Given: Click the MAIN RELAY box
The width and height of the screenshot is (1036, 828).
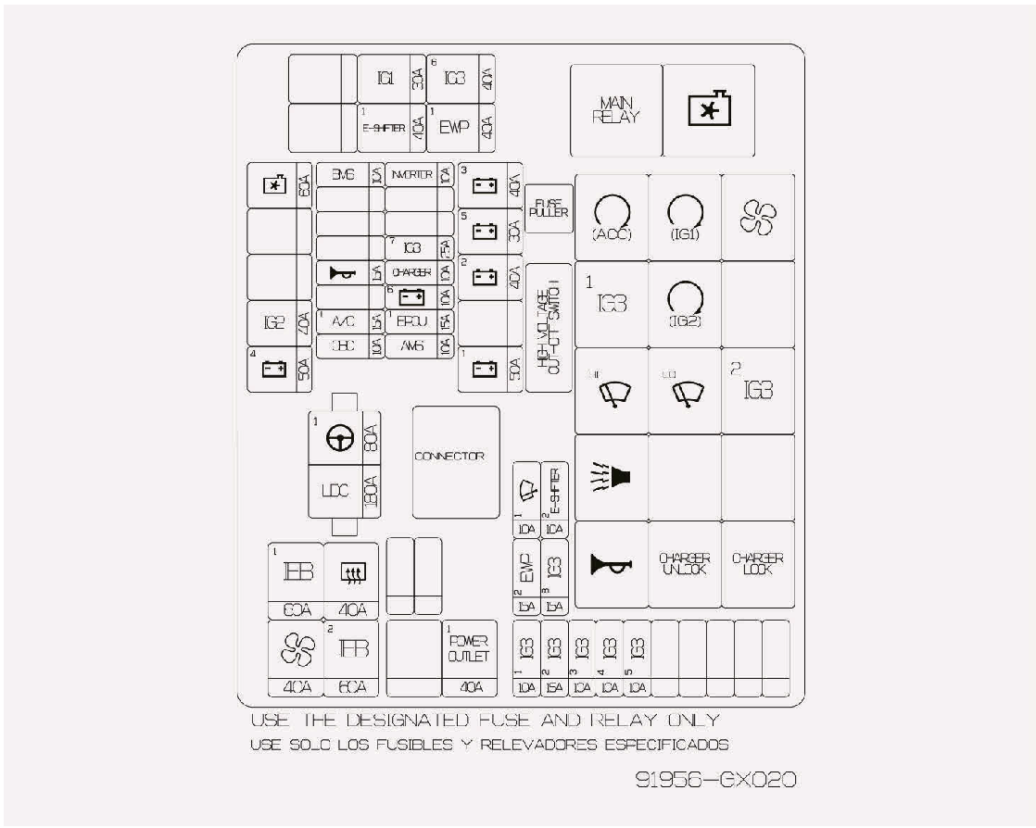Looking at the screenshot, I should [x=615, y=110].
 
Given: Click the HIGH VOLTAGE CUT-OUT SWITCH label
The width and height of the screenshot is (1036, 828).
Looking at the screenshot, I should [x=548, y=327].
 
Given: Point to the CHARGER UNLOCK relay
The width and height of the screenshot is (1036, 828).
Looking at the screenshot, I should [x=684, y=564].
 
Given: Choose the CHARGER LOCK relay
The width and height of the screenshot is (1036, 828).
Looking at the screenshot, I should [x=757, y=564].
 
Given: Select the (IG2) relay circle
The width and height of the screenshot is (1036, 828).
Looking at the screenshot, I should [x=684, y=300].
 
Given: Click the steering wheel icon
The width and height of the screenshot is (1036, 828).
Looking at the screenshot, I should [x=335, y=442].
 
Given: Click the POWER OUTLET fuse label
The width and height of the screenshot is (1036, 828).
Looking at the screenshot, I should [x=468, y=649].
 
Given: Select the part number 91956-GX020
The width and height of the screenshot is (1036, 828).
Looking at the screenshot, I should [x=714, y=781].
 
